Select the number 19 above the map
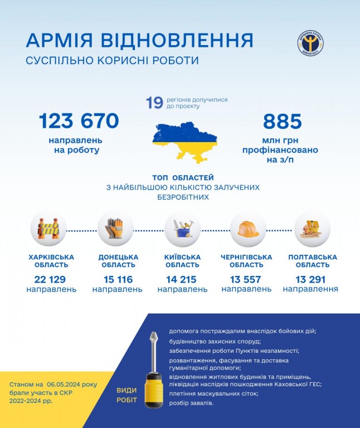154,103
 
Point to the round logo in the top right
310,43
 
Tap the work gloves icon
115,229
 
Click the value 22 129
51,279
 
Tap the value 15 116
117,279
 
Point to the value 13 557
246,279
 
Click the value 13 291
310,279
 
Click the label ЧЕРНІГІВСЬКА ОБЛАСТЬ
246,261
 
